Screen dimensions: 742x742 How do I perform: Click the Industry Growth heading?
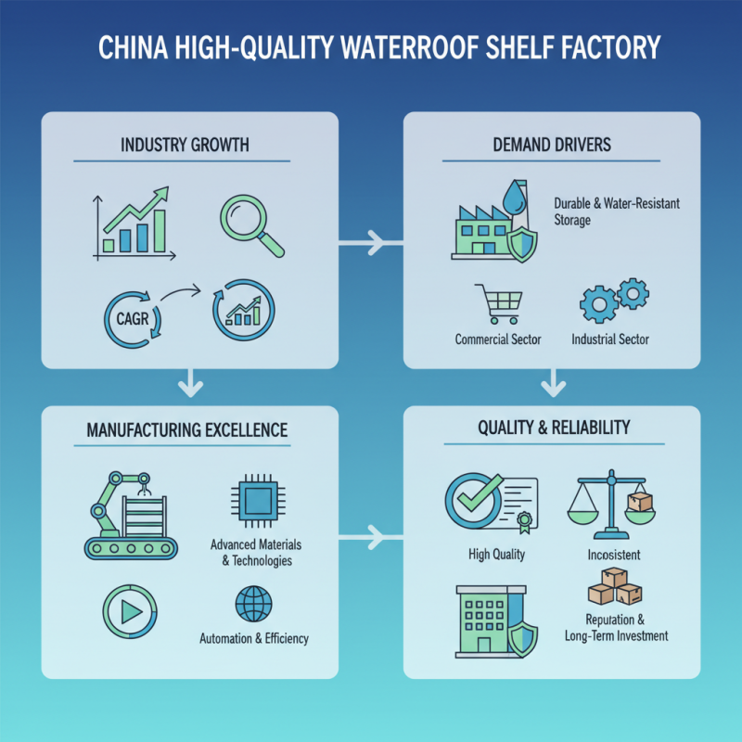coord(185,146)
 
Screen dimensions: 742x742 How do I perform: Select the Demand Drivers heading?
coord(552,146)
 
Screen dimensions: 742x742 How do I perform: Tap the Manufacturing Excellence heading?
coord(186,430)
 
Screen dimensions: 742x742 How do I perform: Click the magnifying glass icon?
coord(249,224)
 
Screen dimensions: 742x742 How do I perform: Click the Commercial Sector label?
coord(498,339)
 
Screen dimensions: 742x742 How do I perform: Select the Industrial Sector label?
coord(609,339)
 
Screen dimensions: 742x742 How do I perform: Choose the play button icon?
coord(126,609)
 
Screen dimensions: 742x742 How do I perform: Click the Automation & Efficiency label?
coord(253,639)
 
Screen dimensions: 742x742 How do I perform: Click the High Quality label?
coord(496,555)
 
